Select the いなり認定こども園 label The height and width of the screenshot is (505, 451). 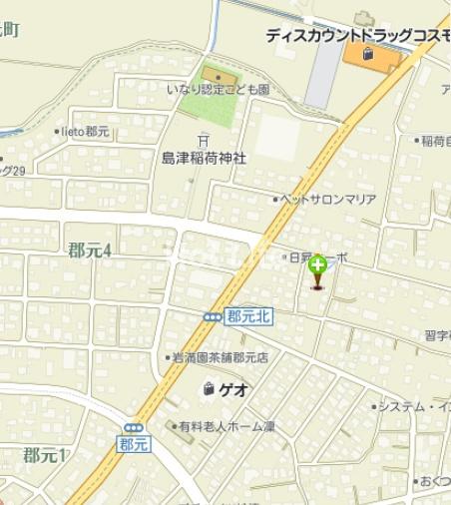click(218, 90)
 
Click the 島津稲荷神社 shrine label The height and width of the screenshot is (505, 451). click(204, 158)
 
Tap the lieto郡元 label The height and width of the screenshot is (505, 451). click(84, 131)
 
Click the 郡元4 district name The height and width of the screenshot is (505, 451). click(89, 250)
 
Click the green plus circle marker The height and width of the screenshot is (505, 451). click(317, 264)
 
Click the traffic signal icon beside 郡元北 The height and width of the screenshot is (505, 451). click(213, 316)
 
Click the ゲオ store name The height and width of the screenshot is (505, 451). click(233, 389)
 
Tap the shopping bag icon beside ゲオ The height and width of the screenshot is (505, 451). click(209, 388)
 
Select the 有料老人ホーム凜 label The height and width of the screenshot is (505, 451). click(225, 426)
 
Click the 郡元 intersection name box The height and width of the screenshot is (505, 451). click(133, 445)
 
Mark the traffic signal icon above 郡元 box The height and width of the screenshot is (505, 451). click(134, 427)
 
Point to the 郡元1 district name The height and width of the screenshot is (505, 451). click(44, 456)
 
